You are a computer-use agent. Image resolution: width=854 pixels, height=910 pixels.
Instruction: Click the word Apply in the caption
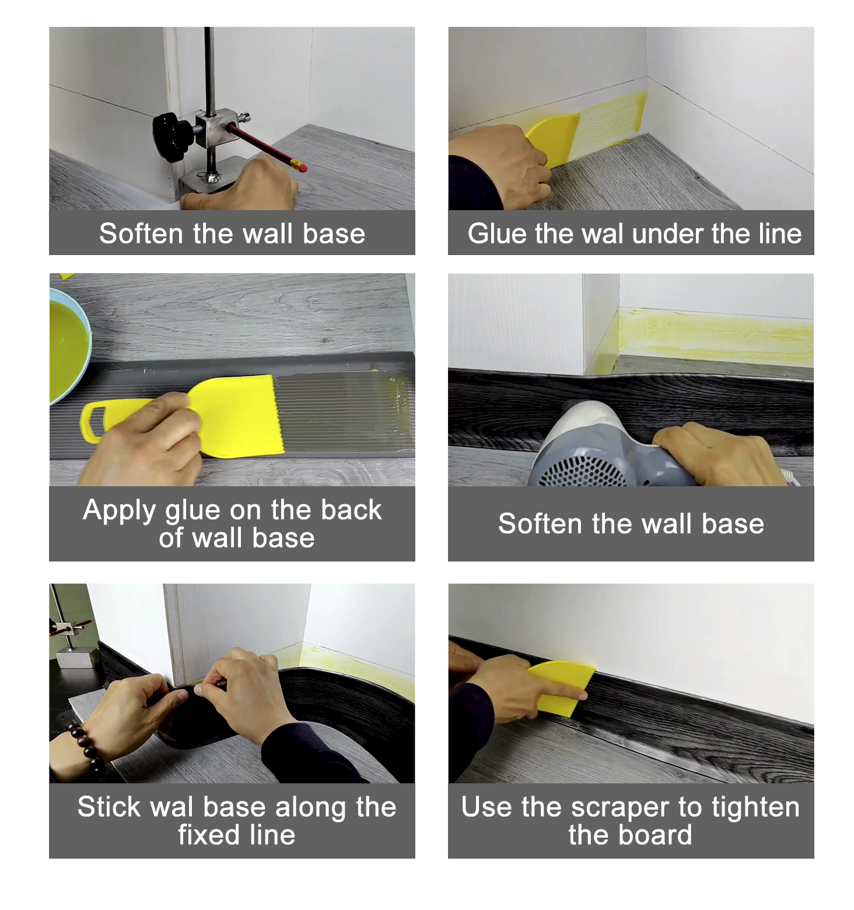click(120, 510)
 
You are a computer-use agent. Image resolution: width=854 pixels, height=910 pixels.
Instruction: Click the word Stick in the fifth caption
click(109, 807)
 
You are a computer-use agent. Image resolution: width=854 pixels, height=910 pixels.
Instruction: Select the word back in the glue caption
click(351, 510)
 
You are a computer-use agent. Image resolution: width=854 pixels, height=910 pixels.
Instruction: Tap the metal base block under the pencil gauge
click(204, 181)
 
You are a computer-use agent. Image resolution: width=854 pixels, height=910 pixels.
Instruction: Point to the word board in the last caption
click(660, 835)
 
